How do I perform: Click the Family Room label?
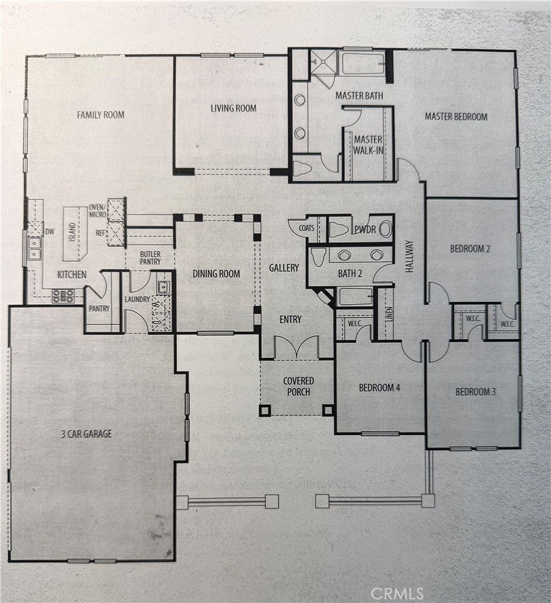tap(101, 115)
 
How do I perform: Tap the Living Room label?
tap(234, 109)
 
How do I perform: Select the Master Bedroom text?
tap(456, 117)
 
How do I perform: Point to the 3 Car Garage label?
tap(87, 434)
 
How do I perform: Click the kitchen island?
tap(75, 234)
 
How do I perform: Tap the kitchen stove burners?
tap(63, 296)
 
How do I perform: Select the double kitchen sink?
tap(35, 248)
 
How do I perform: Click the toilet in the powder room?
tap(338, 229)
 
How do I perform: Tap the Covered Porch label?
tap(299, 386)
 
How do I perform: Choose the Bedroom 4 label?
tap(380, 387)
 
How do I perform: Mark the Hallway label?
tap(410, 257)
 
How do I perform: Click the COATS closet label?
tap(306, 228)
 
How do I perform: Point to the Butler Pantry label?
tap(150, 258)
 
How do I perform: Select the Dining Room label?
tap(217, 273)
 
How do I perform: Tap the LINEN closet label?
tap(390, 314)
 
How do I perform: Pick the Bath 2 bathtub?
tap(356, 296)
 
